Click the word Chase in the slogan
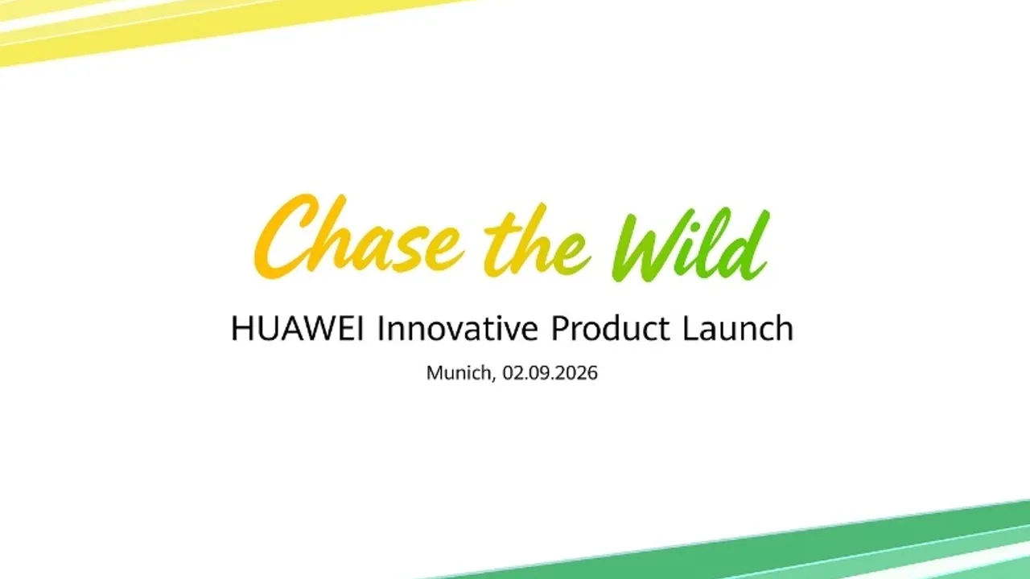pos(359,236)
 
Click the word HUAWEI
pos(298,328)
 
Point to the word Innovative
pos(458,328)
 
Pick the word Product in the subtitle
pos(610,328)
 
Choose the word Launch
pos(738,328)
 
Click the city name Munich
pos(459,372)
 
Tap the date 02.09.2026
pos(550,372)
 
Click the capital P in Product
pos(561,328)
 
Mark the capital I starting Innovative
pos(381,328)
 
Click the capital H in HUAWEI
pos(241,328)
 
